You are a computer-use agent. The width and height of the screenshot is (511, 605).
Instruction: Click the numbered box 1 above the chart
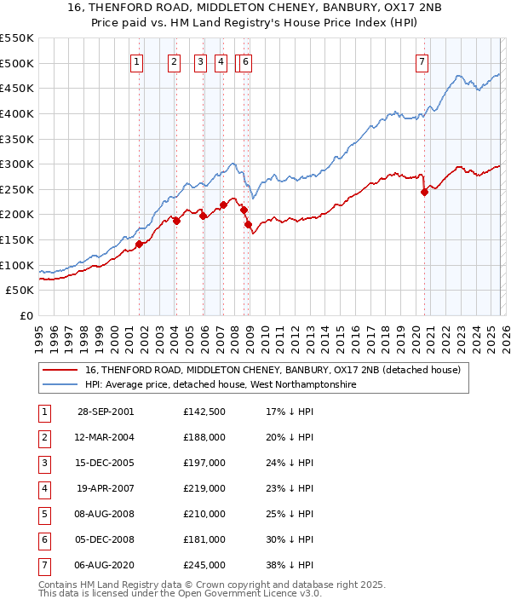point(137,61)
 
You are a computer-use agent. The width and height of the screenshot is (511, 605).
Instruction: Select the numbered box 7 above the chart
point(422,61)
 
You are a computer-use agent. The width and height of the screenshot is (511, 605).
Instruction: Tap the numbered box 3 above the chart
point(200,61)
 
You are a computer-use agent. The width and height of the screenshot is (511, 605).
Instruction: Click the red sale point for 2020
point(424,193)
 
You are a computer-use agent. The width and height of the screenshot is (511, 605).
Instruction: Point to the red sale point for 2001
point(139,244)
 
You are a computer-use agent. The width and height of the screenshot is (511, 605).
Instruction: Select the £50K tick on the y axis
point(20,291)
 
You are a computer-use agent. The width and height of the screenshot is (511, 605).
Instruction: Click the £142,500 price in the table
point(204,412)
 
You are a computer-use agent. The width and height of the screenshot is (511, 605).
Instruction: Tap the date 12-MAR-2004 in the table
point(106,437)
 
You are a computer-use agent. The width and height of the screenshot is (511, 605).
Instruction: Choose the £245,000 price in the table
point(204,565)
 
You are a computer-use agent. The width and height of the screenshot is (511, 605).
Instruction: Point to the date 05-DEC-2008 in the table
point(106,539)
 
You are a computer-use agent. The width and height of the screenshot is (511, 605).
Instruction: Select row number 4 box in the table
point(44,488)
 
